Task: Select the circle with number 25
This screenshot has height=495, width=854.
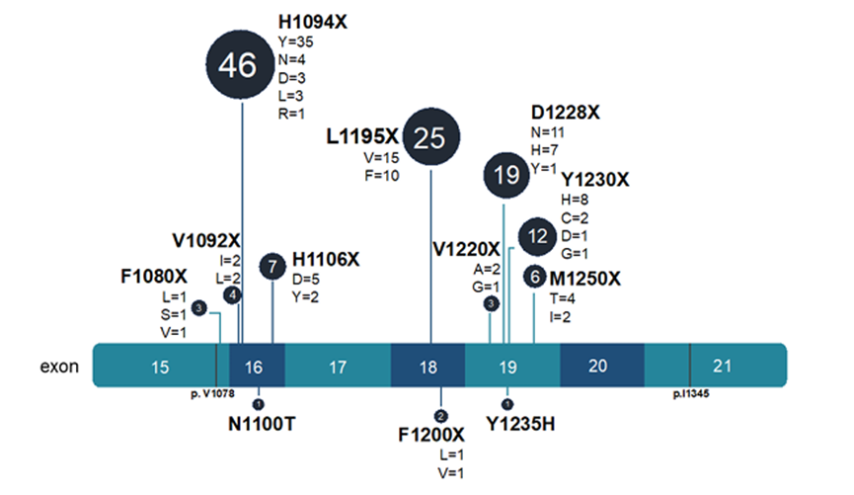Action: [x=430, y=138]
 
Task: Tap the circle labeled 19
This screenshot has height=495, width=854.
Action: [x=506, y=176]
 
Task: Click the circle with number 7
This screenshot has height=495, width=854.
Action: [x=272, y=266]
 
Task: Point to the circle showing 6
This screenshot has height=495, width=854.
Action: [x=534, y=277]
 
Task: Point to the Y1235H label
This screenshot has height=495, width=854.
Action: [x=522, y=425]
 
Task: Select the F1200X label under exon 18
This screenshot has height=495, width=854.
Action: [x=431, y=435]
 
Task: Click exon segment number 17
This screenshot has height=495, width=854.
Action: [x=337, y=367]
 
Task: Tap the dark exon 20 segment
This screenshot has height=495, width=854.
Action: [x=597, y=366]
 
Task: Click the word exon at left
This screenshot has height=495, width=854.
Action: [x=58, y=367]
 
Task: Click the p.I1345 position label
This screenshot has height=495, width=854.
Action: [x=690, y=393]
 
